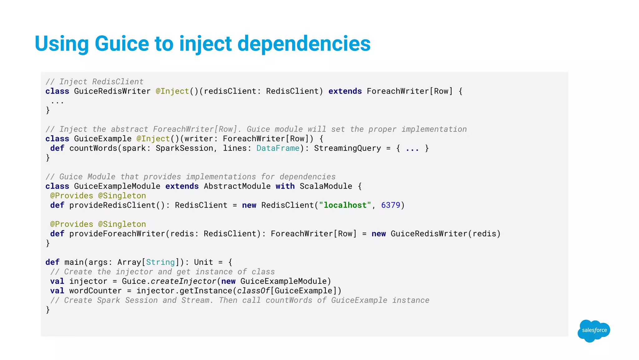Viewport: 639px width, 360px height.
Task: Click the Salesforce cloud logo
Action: coord(594,330)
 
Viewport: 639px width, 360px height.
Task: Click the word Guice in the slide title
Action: coord(122,43)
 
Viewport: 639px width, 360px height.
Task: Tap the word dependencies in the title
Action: coord(304,43)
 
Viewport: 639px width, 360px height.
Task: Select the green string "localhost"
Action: coord(345,205)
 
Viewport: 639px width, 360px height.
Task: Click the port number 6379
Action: coord(390,205)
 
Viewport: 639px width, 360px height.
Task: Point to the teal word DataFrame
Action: coord(278,148)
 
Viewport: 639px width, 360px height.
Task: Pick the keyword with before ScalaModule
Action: coord(285,186)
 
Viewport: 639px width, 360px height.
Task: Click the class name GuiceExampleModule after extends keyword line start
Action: coord(117,186)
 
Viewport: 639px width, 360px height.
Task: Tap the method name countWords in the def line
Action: coord(93,148)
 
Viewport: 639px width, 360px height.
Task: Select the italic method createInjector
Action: coord(183,281)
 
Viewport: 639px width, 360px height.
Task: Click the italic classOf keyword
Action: coord(253,291)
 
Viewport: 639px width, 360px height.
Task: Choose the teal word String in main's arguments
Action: coord(160,262)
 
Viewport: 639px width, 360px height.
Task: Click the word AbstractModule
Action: coord(237,186)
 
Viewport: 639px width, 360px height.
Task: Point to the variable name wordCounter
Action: coord(95,291)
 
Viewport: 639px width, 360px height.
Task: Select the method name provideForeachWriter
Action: coord(117,234)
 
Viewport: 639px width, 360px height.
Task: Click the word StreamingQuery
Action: coord(347,148)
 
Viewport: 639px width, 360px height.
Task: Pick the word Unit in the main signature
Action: coord(203,262)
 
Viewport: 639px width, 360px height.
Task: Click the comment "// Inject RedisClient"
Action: coord(95,82)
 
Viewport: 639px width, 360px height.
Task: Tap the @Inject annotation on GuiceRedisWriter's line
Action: coord(172,91)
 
